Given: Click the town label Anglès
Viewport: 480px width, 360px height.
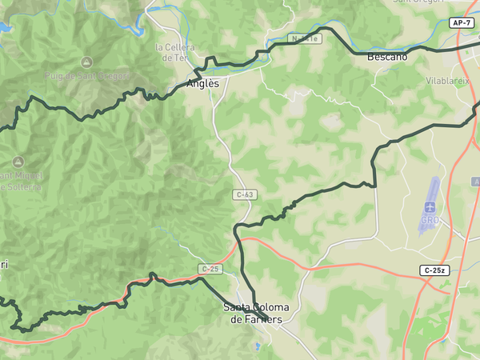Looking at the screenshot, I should pos(202,82).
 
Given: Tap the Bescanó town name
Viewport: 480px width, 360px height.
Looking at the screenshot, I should pos(387,58).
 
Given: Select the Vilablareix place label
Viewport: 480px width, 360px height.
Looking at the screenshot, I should pos(447,82).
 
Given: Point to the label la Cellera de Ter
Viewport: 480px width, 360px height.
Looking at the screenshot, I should pos(174,53).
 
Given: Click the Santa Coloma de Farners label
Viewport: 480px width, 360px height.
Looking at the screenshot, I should pos(256,314).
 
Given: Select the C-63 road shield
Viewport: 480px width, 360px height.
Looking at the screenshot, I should pos(245,194).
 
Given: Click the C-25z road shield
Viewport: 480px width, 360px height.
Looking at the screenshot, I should pos(434,270).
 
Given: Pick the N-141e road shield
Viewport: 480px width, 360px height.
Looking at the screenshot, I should pos(305,38).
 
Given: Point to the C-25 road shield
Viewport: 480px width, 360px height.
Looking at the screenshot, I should pos(210,269).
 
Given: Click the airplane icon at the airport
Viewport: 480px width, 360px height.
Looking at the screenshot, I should pos(430,207).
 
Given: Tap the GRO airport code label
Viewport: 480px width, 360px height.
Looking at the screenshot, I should pos(430,220).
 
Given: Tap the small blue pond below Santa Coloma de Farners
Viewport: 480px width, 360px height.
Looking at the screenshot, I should pos(256,346).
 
